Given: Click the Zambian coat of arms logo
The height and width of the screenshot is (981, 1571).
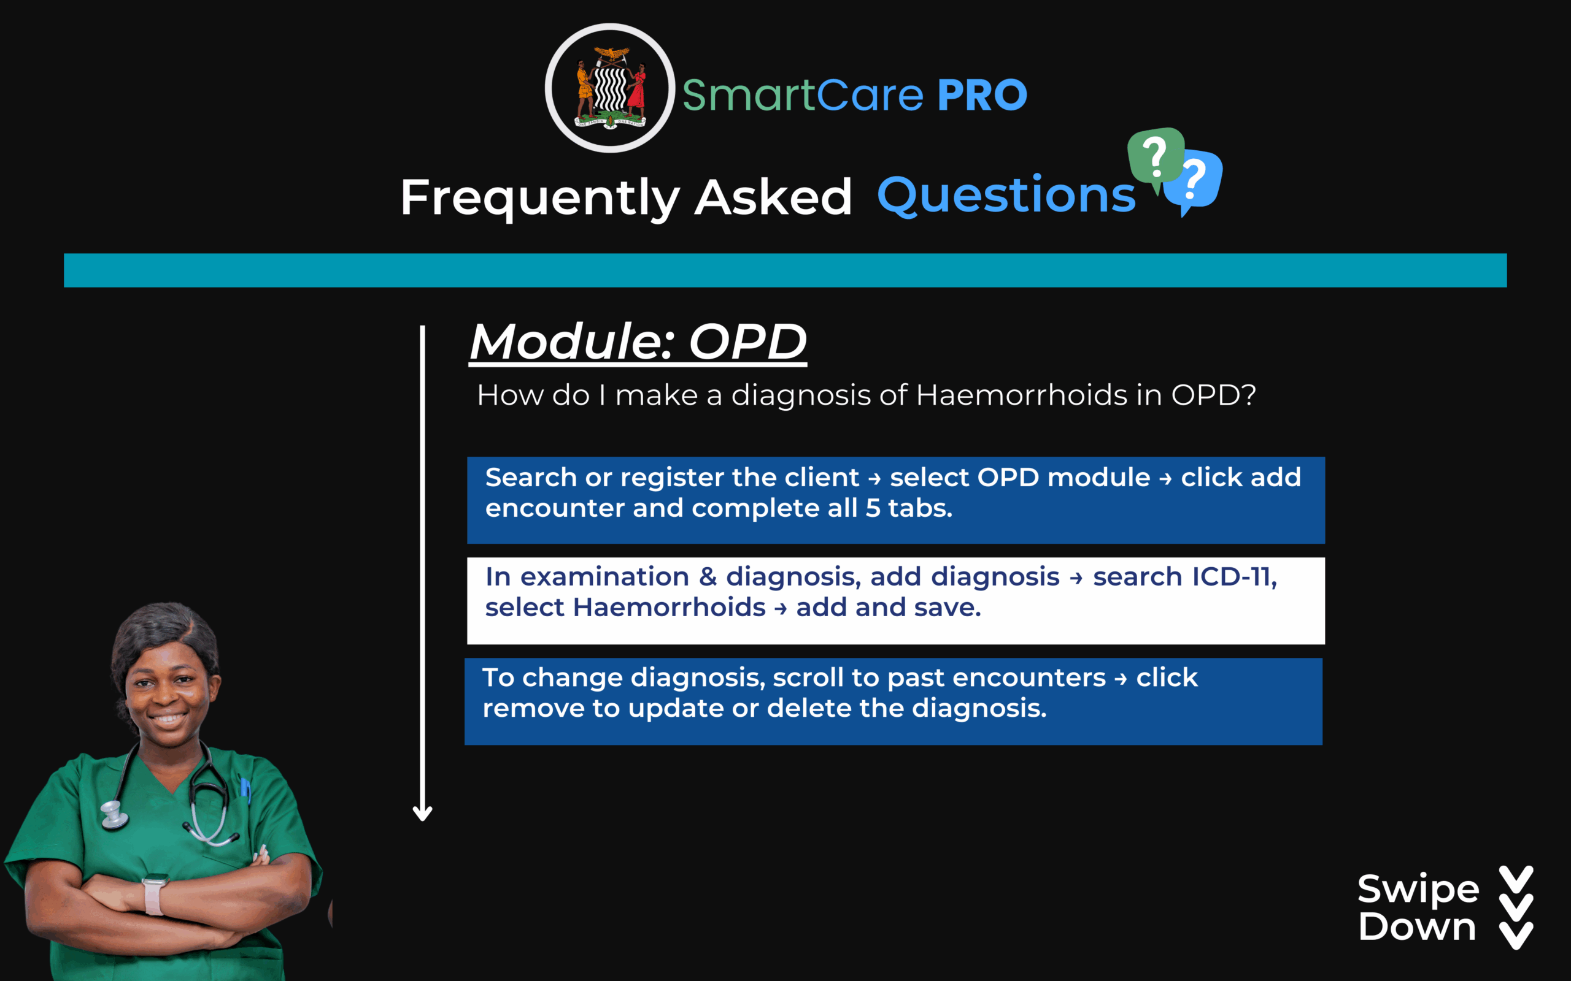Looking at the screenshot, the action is tap(609, 88).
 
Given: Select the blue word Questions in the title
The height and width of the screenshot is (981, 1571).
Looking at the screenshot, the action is tap(1006, 196).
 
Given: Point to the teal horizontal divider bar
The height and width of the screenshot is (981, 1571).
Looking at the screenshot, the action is tap(785, 270).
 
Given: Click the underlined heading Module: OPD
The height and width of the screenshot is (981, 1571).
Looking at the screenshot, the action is tap(638, 342).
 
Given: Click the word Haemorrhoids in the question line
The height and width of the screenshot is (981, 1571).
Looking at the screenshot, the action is tap(1021, 394).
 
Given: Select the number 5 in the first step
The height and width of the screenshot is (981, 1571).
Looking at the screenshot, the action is tap(873, 508).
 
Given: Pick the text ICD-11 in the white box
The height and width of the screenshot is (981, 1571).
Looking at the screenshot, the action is tap(1233, 577).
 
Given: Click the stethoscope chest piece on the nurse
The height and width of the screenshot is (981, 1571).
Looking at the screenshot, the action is tap(114, 815).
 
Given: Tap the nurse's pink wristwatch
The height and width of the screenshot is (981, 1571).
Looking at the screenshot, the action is tap(154, 893).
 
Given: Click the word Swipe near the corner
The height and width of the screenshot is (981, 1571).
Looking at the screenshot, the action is tap(1418, 890).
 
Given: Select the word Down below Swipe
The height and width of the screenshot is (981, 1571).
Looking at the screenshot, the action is tap(1417, 926).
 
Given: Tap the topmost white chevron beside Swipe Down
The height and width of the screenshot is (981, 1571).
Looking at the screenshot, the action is tap(1516, 879).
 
